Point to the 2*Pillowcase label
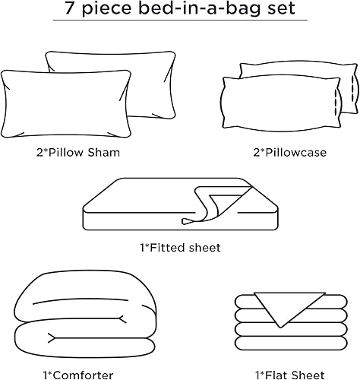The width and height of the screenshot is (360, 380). click(x=289, y=153)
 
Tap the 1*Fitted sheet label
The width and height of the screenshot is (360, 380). click(x=180, y=247)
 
